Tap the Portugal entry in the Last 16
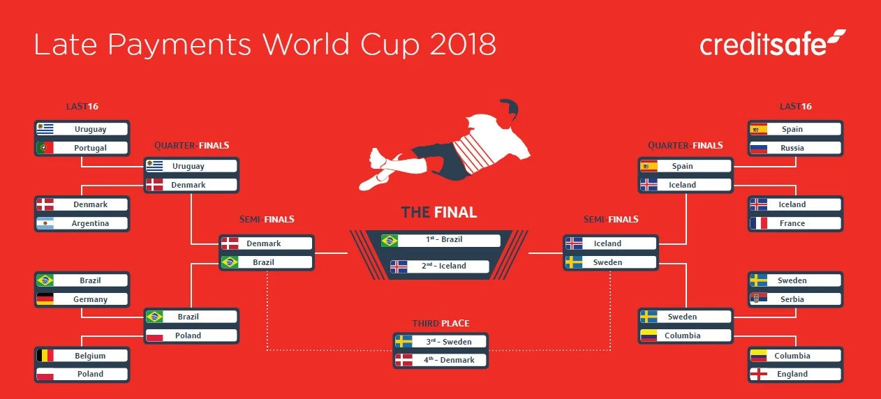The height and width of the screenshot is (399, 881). click(82, 148)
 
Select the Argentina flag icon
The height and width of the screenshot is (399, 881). click(45, 223)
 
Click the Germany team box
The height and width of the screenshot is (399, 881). click(82, 299)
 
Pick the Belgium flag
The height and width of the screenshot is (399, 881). click(45, 355)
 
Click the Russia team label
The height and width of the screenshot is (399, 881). click(792, 148)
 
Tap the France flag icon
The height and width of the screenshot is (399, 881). click(758, 223)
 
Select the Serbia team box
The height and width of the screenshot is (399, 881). click(795, 299)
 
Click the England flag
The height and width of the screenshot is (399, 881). click(758, 374)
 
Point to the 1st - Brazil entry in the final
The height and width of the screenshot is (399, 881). click(440, 240)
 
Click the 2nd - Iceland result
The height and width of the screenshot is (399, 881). click(440, 266)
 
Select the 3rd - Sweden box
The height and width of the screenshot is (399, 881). click(440, 342)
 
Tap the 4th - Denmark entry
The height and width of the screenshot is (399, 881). click(440, 360)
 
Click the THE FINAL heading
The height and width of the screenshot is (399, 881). click(439, 212)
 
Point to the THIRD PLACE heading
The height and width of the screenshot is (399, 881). click(440, 323)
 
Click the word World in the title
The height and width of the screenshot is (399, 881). click(306, 44)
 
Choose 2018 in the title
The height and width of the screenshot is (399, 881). click(463, 44)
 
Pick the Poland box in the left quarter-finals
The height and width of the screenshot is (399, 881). click(191, 336)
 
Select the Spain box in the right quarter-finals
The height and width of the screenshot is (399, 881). click(685, 166)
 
